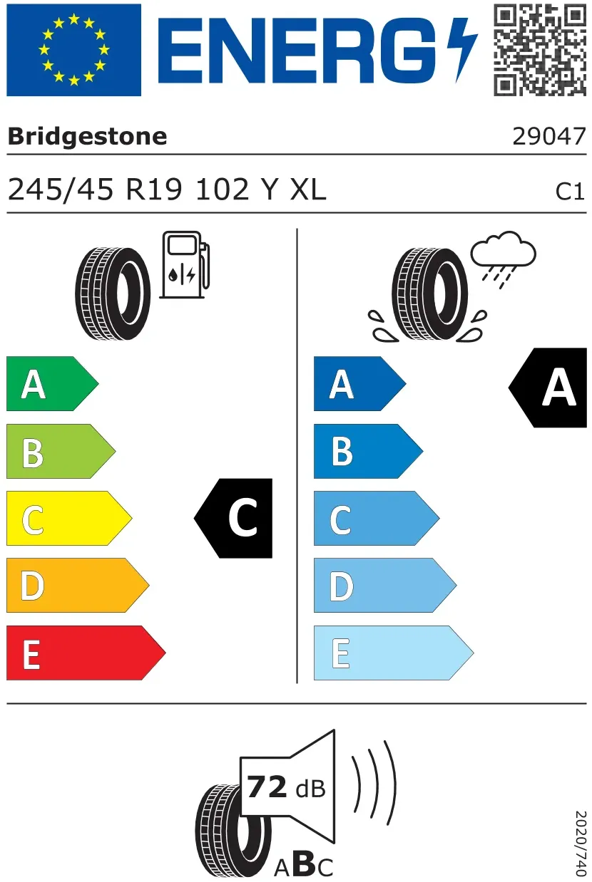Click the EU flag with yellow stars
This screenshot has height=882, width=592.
pos(73,50)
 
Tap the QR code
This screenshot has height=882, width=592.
pos(540,50)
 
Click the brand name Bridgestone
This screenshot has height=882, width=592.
pos(88,137)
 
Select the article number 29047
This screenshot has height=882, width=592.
pos(549,137)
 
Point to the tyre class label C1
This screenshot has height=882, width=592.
pos(570,192)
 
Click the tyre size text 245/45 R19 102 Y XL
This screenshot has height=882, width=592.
pos(167,190)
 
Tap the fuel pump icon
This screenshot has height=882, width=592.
pos(185,264)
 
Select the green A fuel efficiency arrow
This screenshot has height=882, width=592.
pos(52,383)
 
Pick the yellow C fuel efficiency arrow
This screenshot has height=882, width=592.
pos(69,518)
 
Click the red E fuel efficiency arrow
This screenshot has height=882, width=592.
pos(86,653)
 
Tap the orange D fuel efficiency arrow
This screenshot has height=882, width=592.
pos(78,585)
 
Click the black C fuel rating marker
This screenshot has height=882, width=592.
pos(233,518)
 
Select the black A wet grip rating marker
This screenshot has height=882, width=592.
pos(548,388)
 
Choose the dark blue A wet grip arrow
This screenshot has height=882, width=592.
pos(360,383)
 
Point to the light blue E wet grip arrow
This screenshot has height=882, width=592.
pos(393,653)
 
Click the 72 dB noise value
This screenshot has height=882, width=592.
pos(286,787)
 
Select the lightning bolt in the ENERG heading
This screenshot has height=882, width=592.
pos(462,50)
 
